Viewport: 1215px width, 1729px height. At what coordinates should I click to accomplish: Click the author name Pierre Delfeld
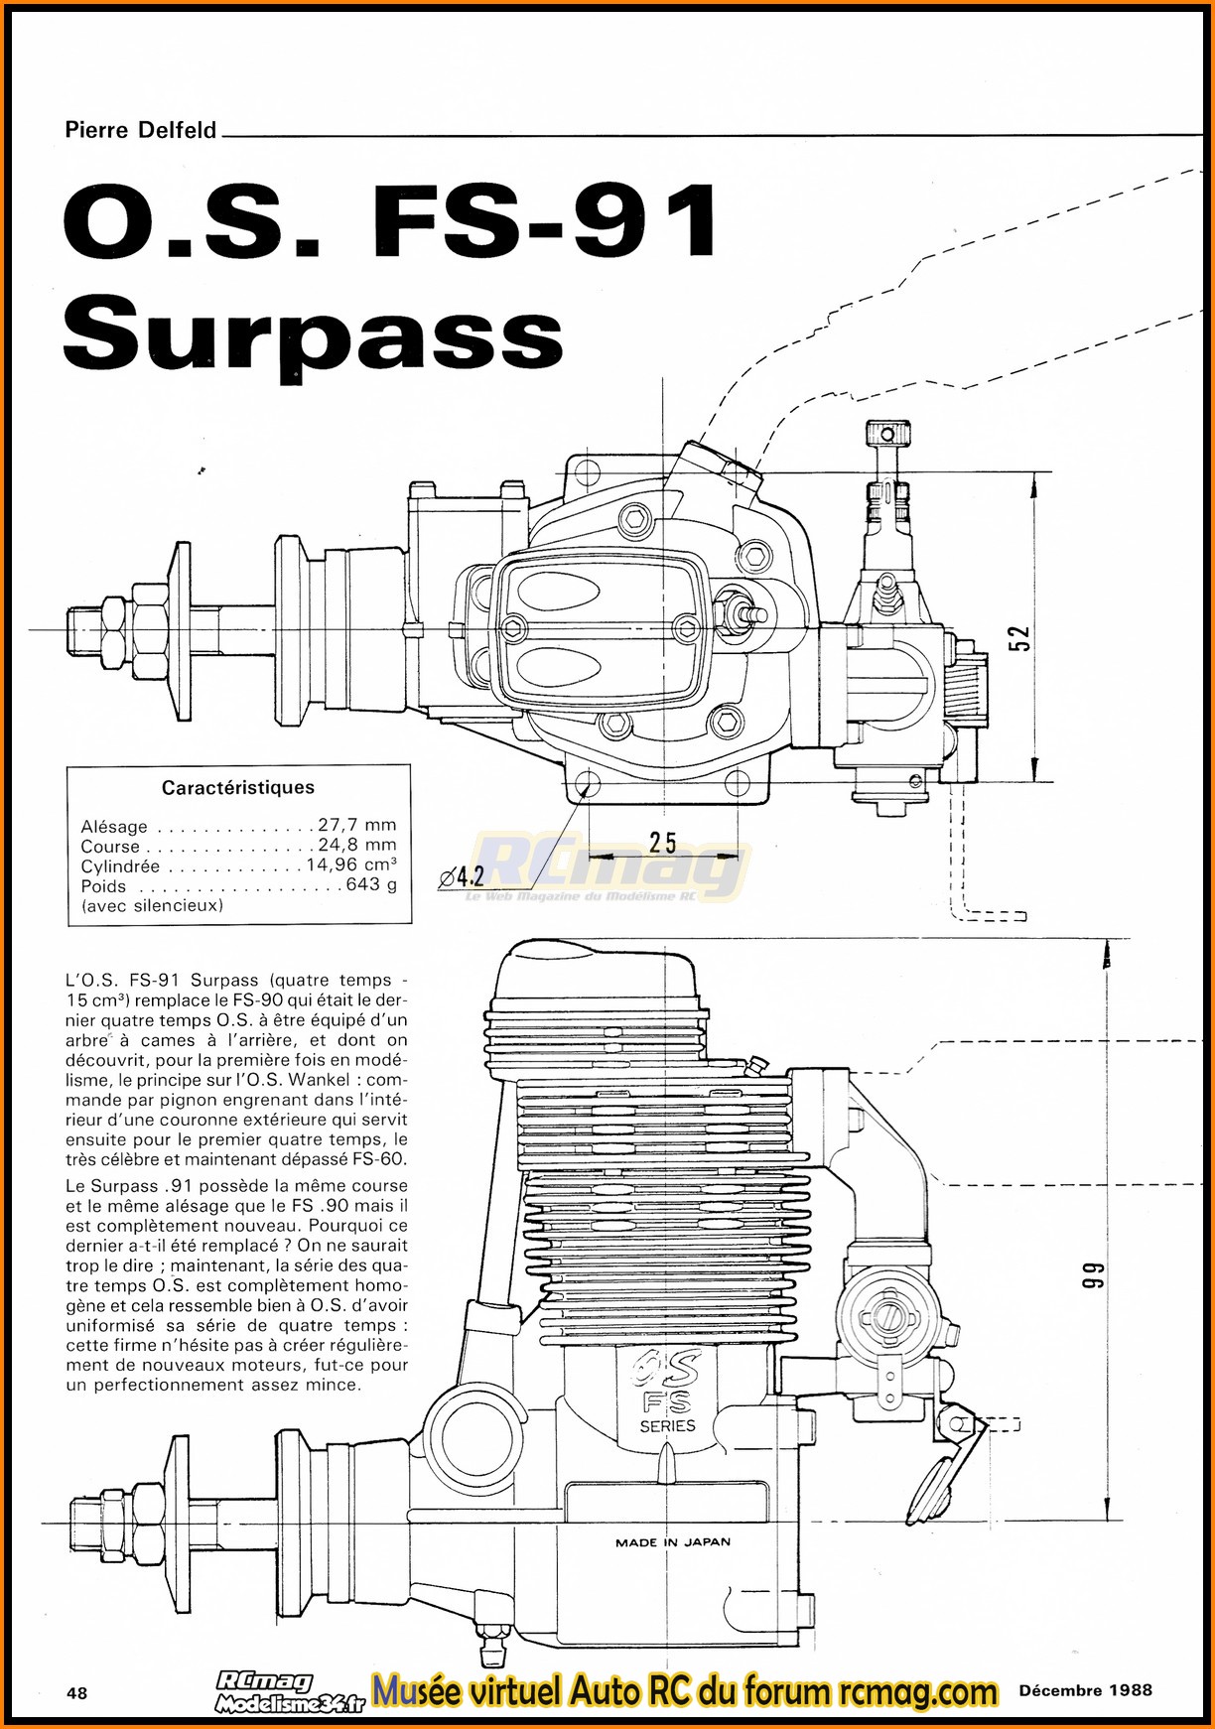140,130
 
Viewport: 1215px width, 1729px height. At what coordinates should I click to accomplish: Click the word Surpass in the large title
313,332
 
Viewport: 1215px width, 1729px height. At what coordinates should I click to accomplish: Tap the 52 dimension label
1019,638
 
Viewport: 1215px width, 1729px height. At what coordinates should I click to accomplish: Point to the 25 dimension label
662,843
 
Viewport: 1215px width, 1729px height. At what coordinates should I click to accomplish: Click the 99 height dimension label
1091,1275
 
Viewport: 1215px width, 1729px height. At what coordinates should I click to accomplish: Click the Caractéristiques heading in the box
238,788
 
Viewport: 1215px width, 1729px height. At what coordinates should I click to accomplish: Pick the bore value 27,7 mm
356,825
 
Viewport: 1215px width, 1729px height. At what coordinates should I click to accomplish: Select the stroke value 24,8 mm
356,846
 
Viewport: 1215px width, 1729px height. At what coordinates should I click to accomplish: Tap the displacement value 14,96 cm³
350,865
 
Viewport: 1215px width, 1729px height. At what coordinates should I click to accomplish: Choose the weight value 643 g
370,885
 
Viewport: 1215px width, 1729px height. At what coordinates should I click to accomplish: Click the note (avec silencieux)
152,905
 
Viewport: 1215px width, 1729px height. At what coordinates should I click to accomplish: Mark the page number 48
76,1692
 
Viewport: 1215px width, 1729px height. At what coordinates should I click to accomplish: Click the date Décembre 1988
1085,1689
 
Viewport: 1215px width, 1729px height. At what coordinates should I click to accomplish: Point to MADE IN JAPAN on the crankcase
672,1542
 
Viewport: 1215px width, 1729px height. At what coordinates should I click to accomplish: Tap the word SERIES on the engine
667,1425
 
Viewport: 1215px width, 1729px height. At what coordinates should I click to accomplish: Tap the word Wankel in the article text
322,1080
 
